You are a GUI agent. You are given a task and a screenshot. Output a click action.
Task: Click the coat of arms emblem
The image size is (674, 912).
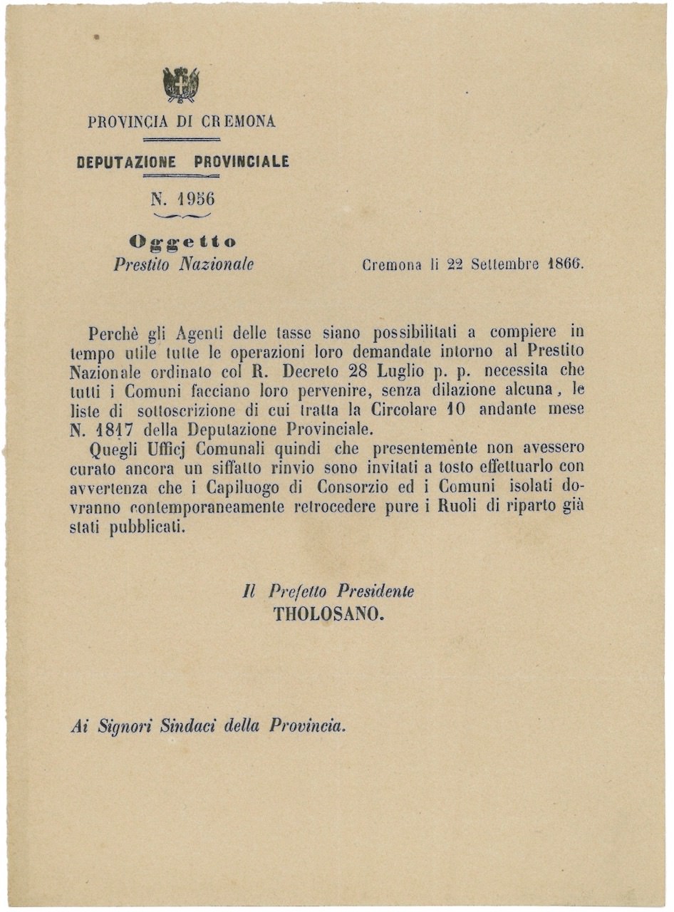tap(181, 85)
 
